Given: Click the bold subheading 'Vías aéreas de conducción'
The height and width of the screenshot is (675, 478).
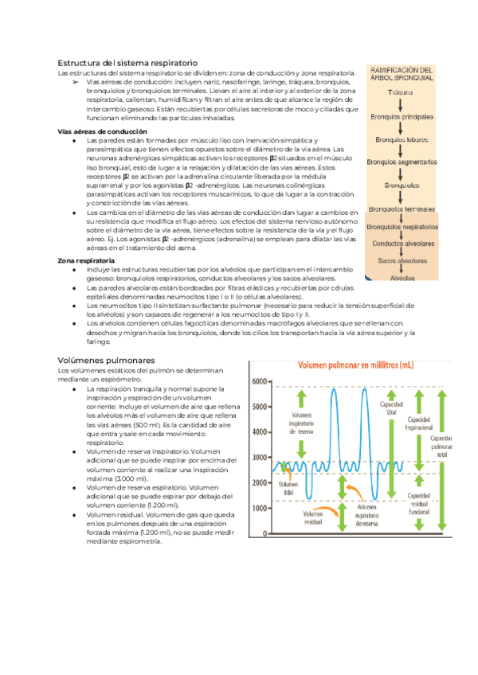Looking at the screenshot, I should pos(92,131).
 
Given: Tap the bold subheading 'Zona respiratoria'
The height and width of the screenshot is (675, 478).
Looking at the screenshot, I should pos(86,260).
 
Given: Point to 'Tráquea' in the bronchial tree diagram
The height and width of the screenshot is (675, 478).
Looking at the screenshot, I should pos(400,92).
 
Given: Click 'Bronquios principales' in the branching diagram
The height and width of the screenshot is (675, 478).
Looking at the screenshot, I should pos(401,116).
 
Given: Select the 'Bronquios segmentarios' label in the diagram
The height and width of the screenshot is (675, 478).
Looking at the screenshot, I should pos(402,162).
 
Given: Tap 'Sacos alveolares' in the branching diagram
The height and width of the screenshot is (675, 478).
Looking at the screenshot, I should pos(402,260).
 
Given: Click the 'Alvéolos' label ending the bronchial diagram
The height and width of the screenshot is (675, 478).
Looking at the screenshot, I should pos(402,279).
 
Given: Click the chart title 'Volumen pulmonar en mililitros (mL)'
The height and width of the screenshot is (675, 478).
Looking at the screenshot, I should pos(355,365).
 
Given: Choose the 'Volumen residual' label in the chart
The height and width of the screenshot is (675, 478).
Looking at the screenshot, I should pos(312,518).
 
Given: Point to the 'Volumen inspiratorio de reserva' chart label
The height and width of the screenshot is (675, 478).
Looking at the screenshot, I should pos(301,426).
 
